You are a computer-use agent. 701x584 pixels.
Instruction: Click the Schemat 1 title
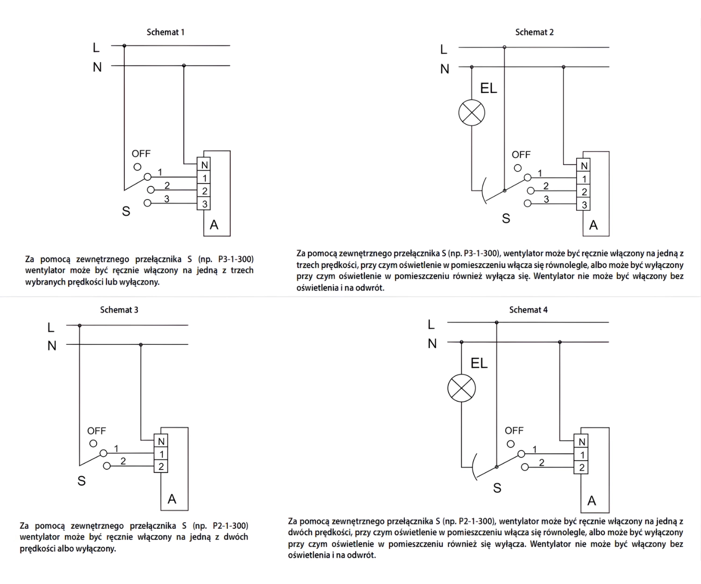165,32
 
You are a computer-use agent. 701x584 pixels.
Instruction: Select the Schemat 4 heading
528,310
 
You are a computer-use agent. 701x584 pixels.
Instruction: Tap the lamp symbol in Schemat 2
472,113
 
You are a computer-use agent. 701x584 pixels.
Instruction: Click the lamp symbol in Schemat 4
461,388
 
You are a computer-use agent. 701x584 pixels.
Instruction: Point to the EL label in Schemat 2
488,88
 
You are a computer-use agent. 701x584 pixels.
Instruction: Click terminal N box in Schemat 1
204,165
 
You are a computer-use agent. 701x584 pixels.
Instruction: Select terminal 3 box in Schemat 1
204,204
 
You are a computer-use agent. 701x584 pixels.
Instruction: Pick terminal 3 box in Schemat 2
584,205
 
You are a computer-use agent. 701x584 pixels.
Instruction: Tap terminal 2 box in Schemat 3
161,466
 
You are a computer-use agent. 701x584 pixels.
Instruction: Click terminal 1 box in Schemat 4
582,455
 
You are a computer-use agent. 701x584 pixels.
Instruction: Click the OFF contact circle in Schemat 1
137,167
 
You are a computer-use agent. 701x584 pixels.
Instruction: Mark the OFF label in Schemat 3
97,431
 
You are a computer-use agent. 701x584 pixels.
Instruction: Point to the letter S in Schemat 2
506,218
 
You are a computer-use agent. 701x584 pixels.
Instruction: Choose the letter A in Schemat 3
172,499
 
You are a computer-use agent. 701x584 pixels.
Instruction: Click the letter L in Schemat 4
431,324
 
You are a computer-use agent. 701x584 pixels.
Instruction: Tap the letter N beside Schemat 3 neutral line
52,346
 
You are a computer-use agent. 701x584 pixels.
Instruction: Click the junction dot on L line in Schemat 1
124,46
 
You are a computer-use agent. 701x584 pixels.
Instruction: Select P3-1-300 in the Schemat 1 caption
236,259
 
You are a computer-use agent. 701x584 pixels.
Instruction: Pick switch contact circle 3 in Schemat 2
528,203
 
